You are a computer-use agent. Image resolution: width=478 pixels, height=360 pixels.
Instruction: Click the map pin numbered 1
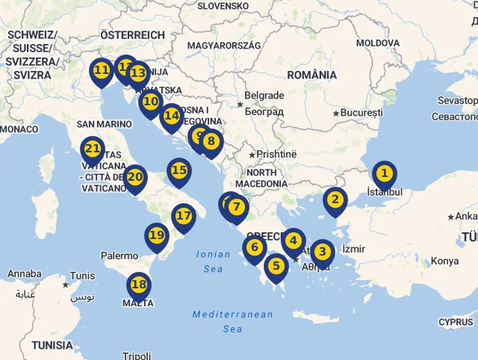tap(384, 175)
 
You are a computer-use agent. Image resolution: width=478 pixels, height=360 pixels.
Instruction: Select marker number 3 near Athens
tap(322, 252)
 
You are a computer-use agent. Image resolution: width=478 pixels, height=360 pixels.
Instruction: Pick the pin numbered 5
tap(276, 265)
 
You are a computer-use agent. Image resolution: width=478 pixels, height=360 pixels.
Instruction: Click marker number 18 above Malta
tap(138, 285)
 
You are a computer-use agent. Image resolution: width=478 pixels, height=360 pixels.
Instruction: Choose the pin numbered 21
tap(93, 149)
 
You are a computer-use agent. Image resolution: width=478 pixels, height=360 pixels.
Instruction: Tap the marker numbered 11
tap(102, 71)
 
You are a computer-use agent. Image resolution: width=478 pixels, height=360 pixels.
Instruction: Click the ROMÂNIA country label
tap(312, 75)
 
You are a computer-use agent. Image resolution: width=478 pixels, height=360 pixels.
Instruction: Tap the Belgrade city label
tap(264, 96)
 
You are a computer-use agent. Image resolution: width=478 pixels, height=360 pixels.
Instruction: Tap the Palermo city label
tap(119, 255)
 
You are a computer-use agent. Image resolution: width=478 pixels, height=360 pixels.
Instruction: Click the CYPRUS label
tap(456, 322)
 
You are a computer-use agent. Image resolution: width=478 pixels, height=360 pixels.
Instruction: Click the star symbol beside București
tap(337, 113)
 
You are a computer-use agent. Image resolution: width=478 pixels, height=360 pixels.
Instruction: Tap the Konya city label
tap(444, 261)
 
